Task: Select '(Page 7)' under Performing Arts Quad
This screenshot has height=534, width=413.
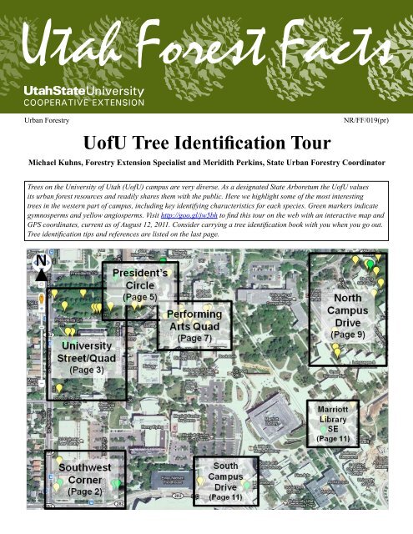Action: tap(194, 338)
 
